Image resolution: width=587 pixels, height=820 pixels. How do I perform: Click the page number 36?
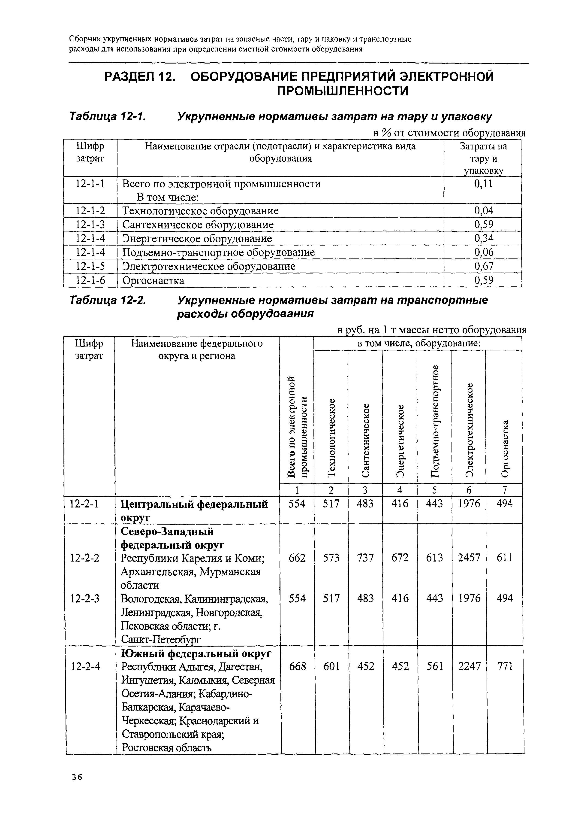click(x=77, y=777)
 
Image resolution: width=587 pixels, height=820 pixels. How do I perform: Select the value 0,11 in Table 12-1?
click(x=483, y=184)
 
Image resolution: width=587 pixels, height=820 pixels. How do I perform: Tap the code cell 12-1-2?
click(x=90, y=211)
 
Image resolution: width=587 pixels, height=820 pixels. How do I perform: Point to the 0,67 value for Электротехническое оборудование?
click(x=484, y=267)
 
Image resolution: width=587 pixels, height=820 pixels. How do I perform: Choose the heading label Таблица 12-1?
click(x=107, y=117)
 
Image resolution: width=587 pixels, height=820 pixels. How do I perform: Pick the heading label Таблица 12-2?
click(x=107, y=301)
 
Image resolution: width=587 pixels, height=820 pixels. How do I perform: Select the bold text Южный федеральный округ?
click(x=196, y=653)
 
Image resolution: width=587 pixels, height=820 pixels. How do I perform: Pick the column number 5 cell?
click(x=435, y=490)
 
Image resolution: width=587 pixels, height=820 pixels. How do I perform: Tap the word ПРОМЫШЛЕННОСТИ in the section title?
click(x=343, y=91)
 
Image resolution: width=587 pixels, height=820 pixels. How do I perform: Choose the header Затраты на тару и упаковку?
click(x=483, y=158)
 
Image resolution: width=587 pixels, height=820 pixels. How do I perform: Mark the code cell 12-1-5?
click(x=90, y=267)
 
